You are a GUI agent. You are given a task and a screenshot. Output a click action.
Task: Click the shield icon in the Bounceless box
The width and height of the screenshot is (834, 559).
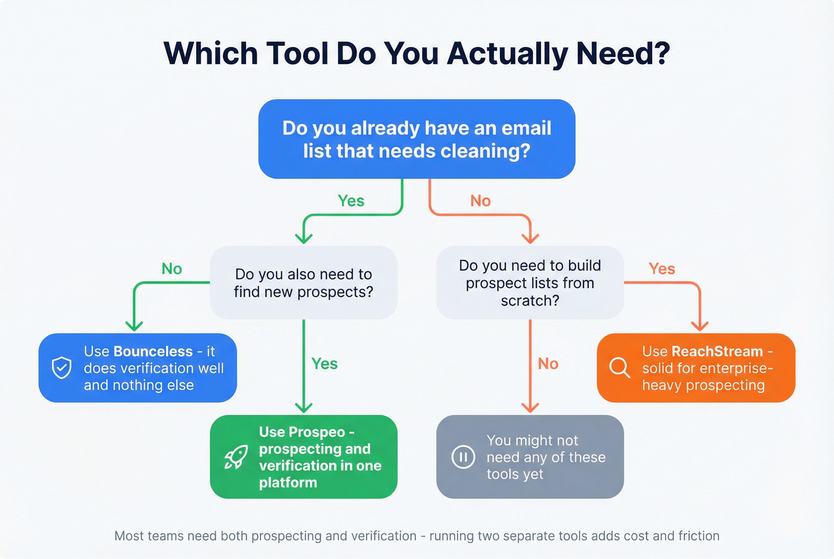click(61, 368)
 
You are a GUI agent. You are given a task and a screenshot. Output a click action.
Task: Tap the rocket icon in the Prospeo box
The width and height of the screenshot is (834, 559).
click(236, 457)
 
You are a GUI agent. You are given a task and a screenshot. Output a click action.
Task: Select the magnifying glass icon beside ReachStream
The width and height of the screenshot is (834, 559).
click(620, 367)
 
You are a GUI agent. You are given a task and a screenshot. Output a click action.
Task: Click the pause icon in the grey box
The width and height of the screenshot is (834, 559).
click(463, 457)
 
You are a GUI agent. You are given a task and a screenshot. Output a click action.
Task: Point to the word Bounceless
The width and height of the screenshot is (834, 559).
click(153, 351)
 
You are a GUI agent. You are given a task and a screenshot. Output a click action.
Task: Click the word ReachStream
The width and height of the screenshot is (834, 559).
click(717, 351)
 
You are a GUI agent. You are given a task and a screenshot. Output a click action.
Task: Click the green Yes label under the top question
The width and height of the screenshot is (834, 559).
click(351, 201)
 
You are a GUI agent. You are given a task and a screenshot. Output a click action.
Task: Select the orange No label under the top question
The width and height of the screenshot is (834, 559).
click(480, 201)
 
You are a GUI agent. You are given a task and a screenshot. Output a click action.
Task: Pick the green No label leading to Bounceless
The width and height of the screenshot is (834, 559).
click(172, 269)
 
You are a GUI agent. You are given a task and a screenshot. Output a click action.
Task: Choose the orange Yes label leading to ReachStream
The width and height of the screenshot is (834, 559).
click(662, 269)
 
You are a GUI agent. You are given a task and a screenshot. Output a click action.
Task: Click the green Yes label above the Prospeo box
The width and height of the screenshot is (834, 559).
click(325, 364)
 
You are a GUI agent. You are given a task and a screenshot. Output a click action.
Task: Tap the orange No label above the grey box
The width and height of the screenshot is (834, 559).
click(548, 364)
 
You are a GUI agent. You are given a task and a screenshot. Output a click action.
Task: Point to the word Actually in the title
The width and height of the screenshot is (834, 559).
click(507, 54)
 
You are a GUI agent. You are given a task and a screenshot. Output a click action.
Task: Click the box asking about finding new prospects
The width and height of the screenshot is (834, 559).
click(303, 283)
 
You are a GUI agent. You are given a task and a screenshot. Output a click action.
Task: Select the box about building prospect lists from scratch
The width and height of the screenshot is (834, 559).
click(530, 283)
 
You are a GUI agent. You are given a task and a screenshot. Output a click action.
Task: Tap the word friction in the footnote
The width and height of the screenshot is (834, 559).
click(698, 536)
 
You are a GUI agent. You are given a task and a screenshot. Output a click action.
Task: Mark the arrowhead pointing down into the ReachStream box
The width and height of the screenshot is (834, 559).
click(699, 326)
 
